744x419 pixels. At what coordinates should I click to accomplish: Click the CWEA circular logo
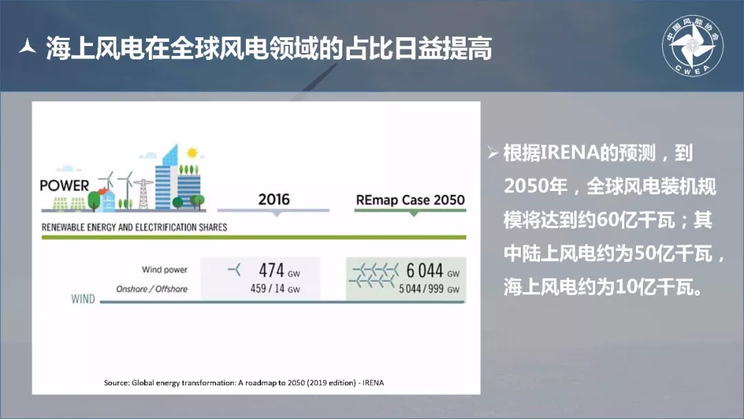pos(692,45)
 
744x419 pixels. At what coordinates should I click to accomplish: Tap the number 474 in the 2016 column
pos(271,270)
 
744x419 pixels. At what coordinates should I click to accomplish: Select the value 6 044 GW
pos(433,270)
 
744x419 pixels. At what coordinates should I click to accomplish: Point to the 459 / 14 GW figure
pos(275,289)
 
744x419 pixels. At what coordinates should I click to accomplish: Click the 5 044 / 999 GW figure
pos(429,289)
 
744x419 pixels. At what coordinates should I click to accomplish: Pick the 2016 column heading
pos(273,199)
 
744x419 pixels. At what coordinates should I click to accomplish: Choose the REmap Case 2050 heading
pos(411,200)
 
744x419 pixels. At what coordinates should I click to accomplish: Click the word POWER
pos(65,185)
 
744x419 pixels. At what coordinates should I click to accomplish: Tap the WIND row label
pos(83,299)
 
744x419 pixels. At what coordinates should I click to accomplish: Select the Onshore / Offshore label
pos(152,289)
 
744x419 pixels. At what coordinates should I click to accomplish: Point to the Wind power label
pos(165,269)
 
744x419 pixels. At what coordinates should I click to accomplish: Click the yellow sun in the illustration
pos(192,153)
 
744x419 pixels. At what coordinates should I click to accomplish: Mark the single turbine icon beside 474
pos(234,270)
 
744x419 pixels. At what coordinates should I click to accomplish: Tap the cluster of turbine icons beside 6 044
pos(374,276)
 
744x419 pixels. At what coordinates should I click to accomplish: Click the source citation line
pos(244,382)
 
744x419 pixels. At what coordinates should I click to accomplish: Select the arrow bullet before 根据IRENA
pos(493,152)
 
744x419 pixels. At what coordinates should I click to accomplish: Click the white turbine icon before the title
pos(28,46)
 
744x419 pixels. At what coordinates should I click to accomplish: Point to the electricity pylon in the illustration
pos(143,194)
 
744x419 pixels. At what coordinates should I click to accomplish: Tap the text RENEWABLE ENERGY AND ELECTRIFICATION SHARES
pos(134,227)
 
